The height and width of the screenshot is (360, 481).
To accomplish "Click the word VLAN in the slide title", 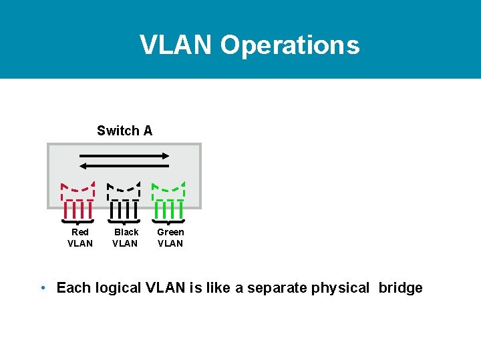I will tap(176, 45).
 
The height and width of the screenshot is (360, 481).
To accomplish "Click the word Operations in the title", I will tap(290, 45).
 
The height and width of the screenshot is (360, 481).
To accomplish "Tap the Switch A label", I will tap(124, 131).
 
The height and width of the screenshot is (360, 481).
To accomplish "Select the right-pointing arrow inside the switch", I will tap(124, 155).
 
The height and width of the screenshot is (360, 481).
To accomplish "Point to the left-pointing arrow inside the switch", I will tap(124, 165).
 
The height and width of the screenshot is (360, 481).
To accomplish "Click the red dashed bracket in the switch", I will tap(77, 190).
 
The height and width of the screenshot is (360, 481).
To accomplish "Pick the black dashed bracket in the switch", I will tap(124, 190).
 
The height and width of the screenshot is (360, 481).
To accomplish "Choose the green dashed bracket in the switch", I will tap(168, 190).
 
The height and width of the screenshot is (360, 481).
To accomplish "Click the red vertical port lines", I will tap(78, 210).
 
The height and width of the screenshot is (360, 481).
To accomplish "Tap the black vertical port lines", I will tap(124, 210).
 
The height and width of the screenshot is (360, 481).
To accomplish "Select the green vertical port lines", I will tap(168, 210).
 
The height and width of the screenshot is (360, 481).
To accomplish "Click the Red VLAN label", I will tap(80, 237).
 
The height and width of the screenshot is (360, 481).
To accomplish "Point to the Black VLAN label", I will tap(126, 237).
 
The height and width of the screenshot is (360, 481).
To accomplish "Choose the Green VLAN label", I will tap(170, 237).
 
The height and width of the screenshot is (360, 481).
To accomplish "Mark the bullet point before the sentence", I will tap(42, 288).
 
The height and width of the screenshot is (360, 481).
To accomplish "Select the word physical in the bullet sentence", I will tap(340, 288).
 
